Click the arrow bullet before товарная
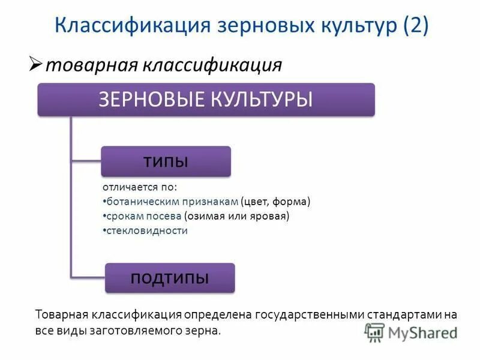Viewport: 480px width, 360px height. pos(35,63)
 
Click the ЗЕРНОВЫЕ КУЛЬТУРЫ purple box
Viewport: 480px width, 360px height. pos(206,99)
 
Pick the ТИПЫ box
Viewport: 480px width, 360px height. pos(166,161)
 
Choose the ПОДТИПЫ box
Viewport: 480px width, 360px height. pos(170,277)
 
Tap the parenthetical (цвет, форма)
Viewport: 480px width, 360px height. pos(275,202)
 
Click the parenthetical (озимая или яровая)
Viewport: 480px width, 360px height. pos(237,216)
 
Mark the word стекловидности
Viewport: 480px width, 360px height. pos(146,230)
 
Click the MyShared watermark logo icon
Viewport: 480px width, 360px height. pos(374,332)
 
